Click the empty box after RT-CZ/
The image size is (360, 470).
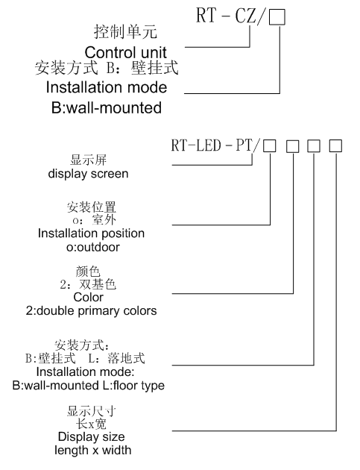coord(277,17)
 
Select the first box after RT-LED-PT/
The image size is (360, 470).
coord(270,146)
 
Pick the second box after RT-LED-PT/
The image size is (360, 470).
coord(293,146)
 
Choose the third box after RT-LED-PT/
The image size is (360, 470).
coord(314,146)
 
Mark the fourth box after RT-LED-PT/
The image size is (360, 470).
coord(335,146)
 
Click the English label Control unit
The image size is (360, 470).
coord(125,52)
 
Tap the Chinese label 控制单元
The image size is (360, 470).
coord(125,31)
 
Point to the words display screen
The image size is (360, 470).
coord(88,174)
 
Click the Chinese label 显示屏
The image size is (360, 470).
coord(88,160)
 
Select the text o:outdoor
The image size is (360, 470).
coord(93,247)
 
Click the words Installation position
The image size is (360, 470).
coord(91,234)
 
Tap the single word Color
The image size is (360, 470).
coord(89,298)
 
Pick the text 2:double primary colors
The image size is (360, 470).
coord(91,311)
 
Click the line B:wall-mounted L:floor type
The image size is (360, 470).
coord(89,386)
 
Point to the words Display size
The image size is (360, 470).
coord(92,436)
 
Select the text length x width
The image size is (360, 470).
coord(93,450)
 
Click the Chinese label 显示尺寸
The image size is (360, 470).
coord(91,411)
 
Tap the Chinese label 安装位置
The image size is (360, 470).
coord(92,207)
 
